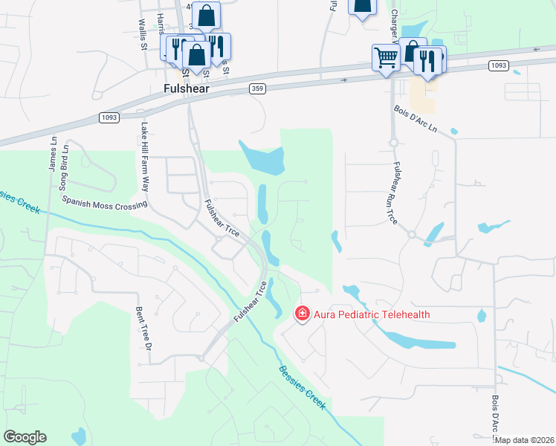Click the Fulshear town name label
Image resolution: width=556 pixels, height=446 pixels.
tap(186, 88)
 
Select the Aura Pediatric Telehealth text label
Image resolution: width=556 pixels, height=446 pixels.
tap(372, 314)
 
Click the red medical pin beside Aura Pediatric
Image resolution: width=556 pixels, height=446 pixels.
tap(303, 314)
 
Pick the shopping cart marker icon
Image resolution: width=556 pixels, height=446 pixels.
tap(386, 56)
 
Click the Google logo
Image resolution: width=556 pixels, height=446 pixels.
tap(25, 436)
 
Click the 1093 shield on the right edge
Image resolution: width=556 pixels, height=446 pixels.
tap(499, 66)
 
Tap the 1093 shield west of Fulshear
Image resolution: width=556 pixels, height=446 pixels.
tap(109, 117)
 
